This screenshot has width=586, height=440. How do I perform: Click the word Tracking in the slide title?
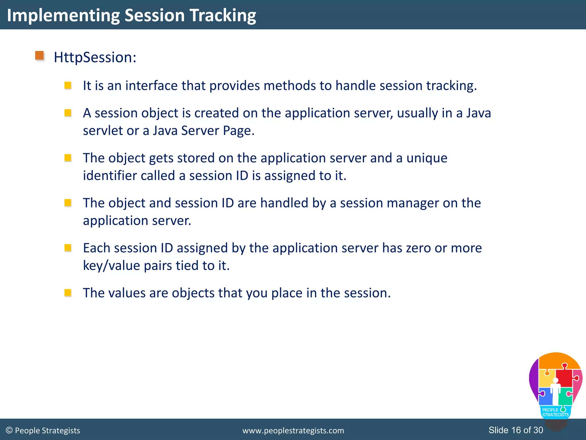point(223,15)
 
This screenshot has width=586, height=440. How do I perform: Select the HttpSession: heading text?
point(95,57)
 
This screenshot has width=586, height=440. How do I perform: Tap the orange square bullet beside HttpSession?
point(39,56)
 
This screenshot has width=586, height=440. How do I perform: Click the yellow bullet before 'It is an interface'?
point(68,85)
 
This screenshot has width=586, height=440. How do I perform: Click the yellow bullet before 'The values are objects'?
point(68,293)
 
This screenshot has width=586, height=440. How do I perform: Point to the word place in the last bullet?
point(287,293)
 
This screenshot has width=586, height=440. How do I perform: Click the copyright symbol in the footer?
point(9,430)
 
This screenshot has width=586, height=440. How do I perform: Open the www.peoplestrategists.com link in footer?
point(293,431)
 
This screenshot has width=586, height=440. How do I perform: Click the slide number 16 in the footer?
point(516,430)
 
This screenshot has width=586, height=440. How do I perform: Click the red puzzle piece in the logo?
point(564,378)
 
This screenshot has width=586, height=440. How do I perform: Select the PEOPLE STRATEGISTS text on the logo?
point(555,412)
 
